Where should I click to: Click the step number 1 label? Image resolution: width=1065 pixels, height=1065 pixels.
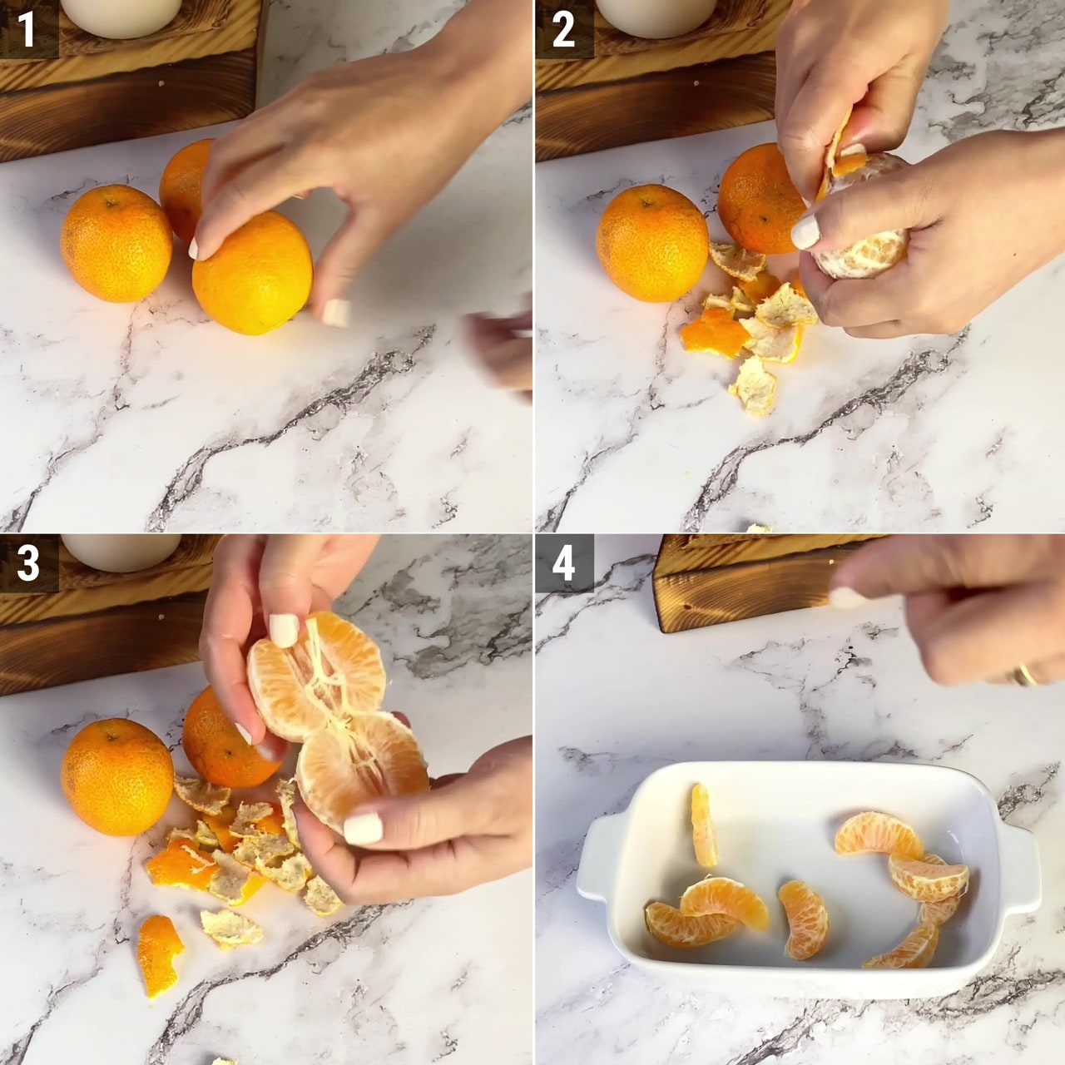(x=27, y=29)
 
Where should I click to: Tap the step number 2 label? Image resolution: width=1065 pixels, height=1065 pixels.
(x=563, y=29)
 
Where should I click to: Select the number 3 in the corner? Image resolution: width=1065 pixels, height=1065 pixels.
(x=27, y=562)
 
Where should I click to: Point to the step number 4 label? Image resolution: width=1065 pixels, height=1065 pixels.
(x=564, y=562)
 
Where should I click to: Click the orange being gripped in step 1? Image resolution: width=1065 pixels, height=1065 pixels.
(x=253, y=272)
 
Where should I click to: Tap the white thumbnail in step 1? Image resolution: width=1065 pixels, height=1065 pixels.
(x=336, y=312)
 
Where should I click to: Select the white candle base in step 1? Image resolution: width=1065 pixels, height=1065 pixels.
(x=121, y=17)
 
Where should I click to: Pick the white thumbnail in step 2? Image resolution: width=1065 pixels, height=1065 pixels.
(x=805, y=232)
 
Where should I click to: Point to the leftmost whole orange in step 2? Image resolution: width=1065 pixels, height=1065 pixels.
(x=652, y=243)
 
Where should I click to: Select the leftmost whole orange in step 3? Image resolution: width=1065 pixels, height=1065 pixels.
(x=117, y=776)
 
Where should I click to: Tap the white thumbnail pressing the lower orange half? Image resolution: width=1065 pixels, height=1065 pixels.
(x=363, y=828)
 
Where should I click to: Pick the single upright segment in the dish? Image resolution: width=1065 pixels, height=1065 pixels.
(x=704, y=825)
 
